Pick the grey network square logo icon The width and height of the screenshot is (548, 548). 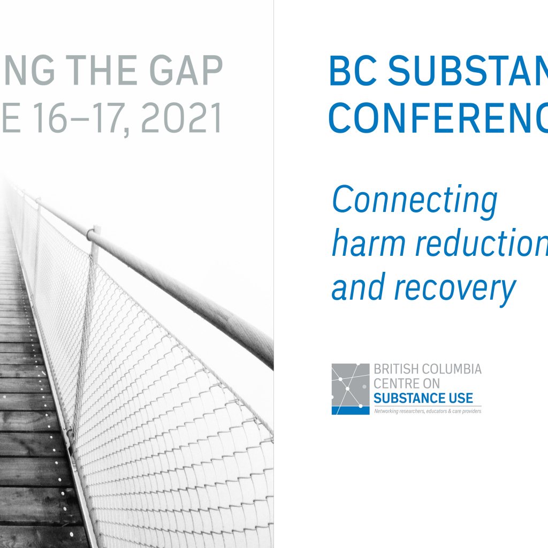click(x=351, y=384)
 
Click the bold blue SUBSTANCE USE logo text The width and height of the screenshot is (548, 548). click(x=423, y=398)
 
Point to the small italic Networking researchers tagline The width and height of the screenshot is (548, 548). click(x=428, y=411)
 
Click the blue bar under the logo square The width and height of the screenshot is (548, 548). click(x=351, y=410)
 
